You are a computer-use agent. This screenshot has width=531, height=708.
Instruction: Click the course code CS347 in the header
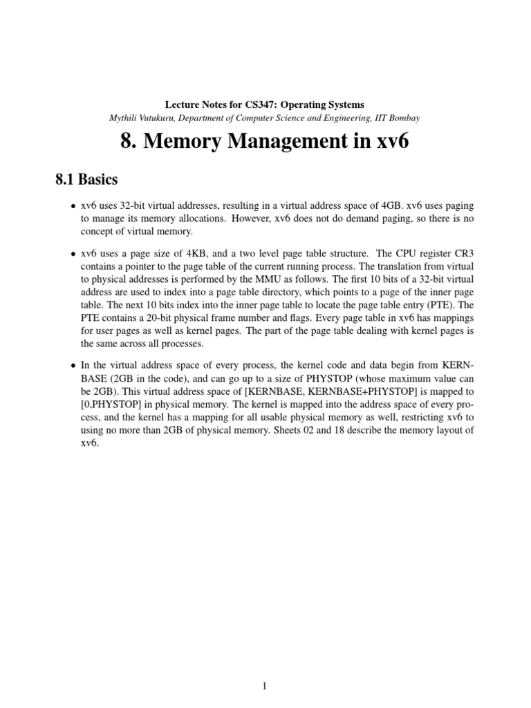[x=261, y=104]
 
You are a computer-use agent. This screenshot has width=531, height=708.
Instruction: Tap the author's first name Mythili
[x=124, y=118]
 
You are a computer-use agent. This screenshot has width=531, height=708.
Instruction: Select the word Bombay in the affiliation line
[x=404, y=118]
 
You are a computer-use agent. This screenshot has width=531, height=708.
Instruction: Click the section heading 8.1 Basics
[x=86, y=180]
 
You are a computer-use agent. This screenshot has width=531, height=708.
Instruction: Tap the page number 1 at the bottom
[x=265, y=687]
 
